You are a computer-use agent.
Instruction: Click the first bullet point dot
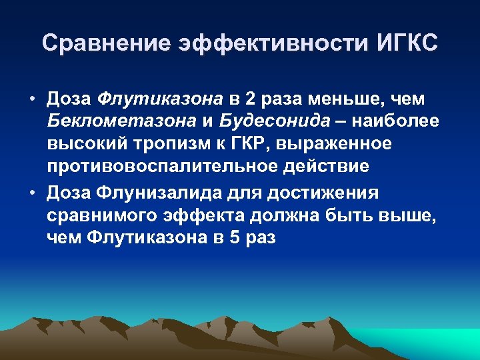point(32,99)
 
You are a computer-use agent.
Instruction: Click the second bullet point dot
point(32,193)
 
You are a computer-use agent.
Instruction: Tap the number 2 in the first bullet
point(251,99)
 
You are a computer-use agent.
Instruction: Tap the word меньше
point(341,99)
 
